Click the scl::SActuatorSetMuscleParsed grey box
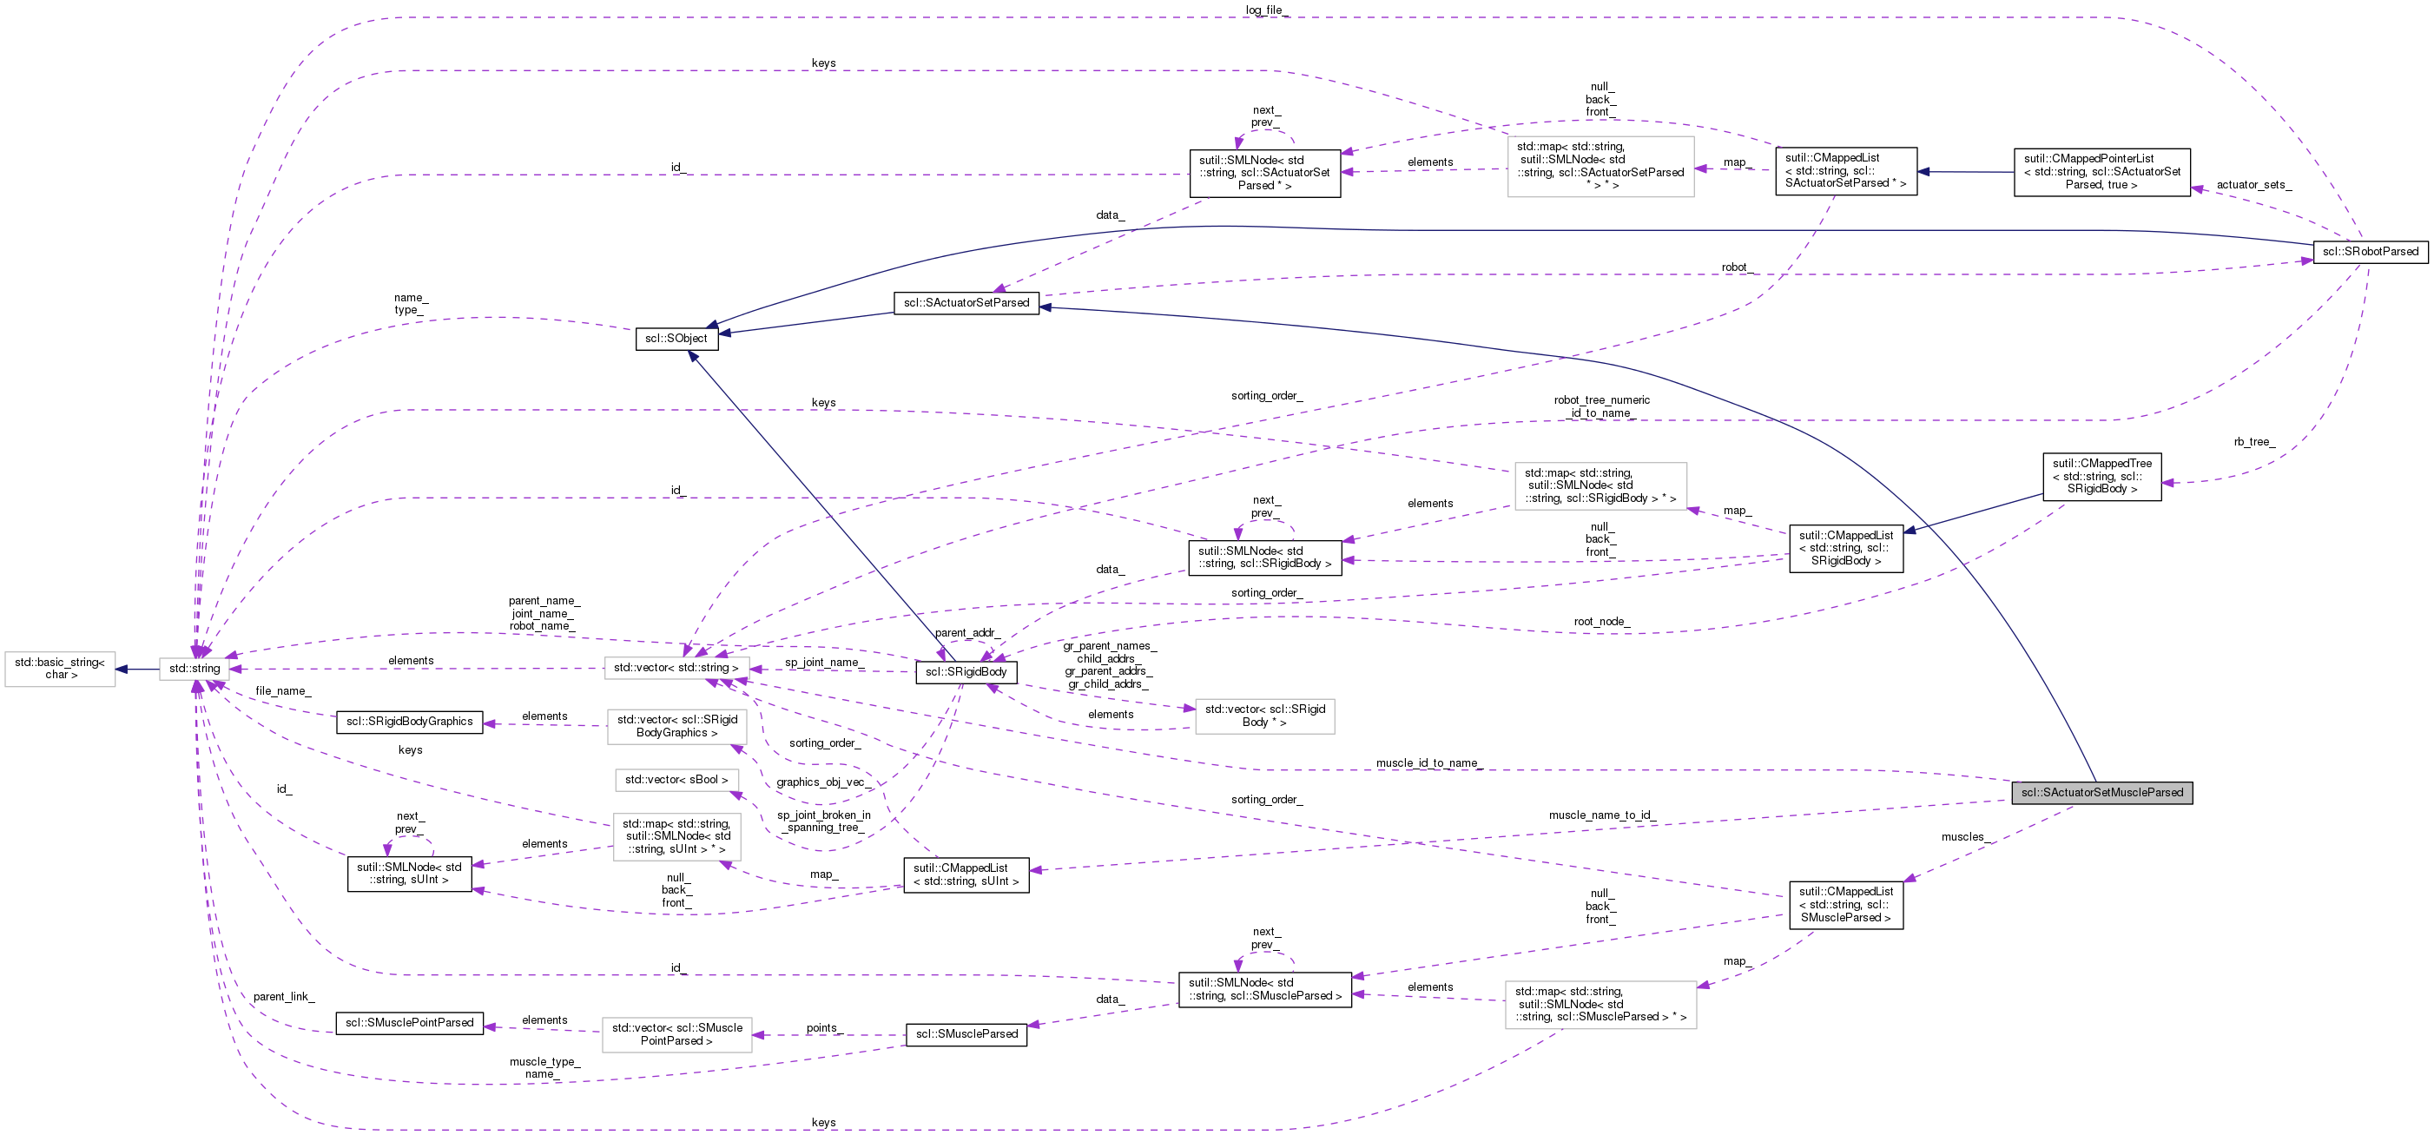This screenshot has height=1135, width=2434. pyautogui.click(x=2101, y=792)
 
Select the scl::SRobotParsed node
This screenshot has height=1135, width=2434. pyautogui.click(x=2370, y=251)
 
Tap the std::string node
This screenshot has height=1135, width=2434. pyautogui.click(x=194, y=668)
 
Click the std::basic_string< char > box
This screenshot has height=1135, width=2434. pyautogui.click(x=60, y=668)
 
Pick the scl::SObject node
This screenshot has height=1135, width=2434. pyautogui.click(x=676, y=339)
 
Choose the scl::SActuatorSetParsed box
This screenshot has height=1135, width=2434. pyautogui.click(x=966, y=302)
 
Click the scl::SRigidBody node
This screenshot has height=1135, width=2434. pyautogui.click(x=966, y=672)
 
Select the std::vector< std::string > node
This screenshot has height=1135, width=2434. pyautogui.click(x=676, y=668)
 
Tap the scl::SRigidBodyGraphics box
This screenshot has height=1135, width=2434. pyautogui.click(x=409, y=721)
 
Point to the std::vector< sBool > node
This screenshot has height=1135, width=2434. pyautogui.click(x=676, y=780)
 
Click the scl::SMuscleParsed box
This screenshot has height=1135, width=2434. pyautogui.click(x=966, y=1034)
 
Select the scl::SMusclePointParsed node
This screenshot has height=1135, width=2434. pyautogui.click(x=409, y=1022)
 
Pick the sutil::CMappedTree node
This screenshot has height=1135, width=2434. pyautogui.click(x=2101, y=476)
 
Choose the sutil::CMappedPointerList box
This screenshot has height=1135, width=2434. pyautogui.click(x=2101, y=172)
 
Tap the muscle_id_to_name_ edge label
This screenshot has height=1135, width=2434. pyautogui.click(x=1428, y=762)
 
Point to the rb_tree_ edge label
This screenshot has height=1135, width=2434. pyautogui.click(x=2254, y=441)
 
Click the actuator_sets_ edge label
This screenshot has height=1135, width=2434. pyautogui.click(x=2253, y=185)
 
